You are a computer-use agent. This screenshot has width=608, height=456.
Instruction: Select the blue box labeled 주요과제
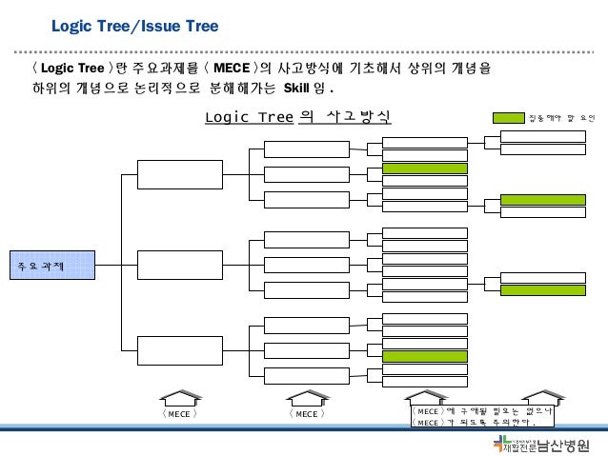tap(53, 265)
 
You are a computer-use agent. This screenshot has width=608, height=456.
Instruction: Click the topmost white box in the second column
tap(166, 174)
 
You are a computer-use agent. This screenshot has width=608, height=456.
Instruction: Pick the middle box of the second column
tap(166, 265)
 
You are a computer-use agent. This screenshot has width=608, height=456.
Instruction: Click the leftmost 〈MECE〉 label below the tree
tap(178, 414)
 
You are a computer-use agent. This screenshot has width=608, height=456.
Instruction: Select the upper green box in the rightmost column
tap(543, 200)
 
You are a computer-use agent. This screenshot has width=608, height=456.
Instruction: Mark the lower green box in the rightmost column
tap(543, 290)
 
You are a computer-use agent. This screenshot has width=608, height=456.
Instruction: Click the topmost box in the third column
tap(293, 149)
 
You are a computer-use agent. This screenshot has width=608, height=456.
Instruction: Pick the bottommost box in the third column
tap(293, 375)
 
